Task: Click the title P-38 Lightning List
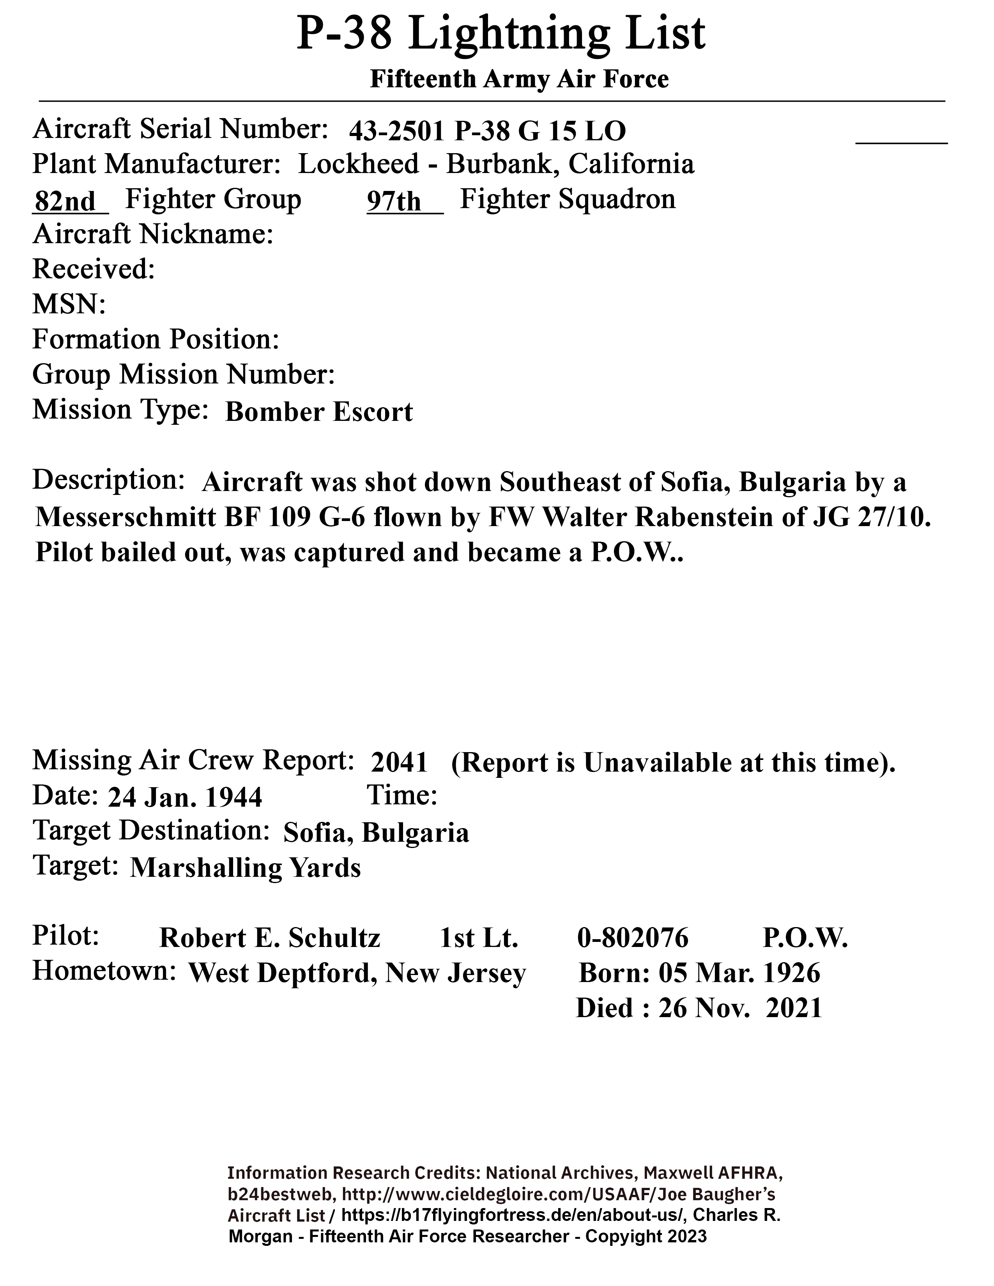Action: [x=501, y=34]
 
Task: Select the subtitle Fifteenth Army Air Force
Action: [x=519, y=79]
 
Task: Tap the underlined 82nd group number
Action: [x=66, y=201]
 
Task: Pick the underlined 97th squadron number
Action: [x=394, y=201]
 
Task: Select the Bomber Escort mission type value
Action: [x=318, y=412]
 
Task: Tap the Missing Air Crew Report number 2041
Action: [x=399, y=763]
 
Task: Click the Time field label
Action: [x=402, y=795]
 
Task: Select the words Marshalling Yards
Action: [x=245, y=867]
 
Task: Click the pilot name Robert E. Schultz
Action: [x=270, y=938]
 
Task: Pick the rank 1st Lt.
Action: [x=479, y=938]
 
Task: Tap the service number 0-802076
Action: [x=632, y=938]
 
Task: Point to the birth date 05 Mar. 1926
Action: [x=739, y=973]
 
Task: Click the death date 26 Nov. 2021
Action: [x=740, y=1008]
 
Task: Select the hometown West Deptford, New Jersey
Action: [x=356, y=973]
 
